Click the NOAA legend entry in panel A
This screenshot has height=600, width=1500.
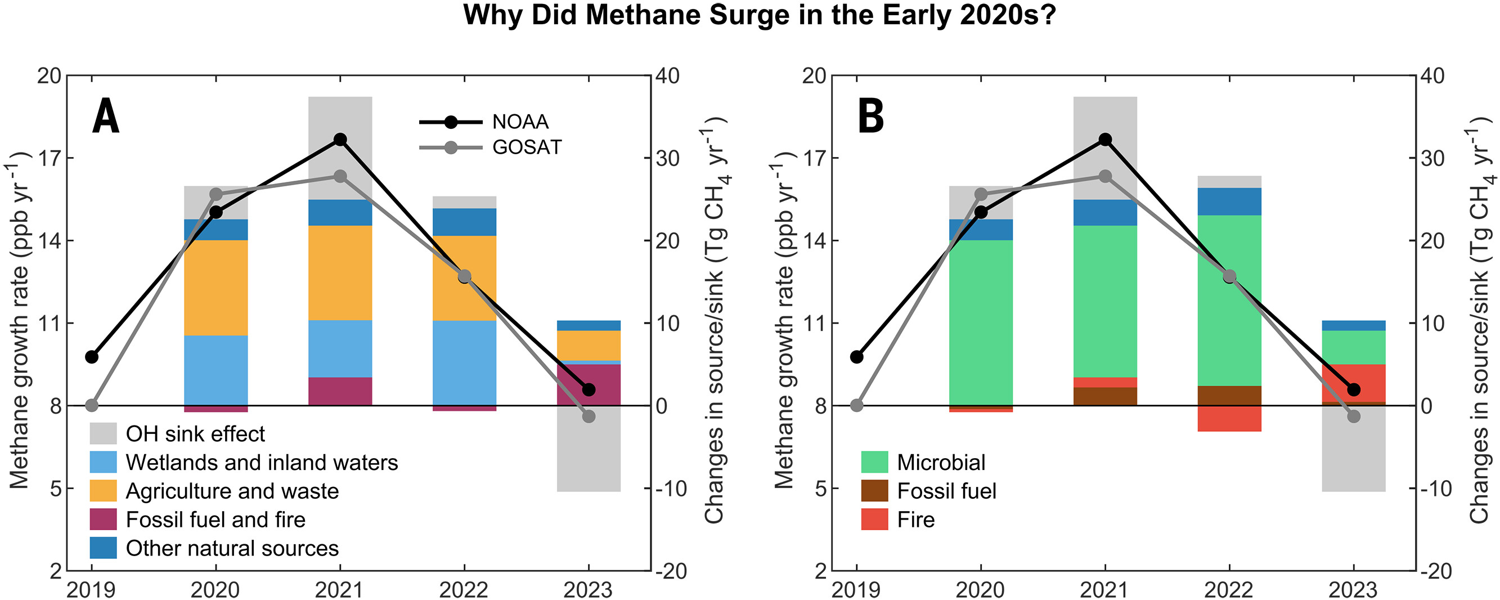pos(520,122)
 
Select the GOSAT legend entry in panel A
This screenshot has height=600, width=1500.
pos(527,147)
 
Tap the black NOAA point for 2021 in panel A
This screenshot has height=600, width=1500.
pos(340,140)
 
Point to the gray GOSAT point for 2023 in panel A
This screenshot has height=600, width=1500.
pos(589,417)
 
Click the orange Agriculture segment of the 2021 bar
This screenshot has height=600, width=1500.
pos(340,272)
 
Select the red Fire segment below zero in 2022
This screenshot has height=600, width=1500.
pos(1229,419)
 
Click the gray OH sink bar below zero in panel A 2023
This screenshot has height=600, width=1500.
pos(589,454)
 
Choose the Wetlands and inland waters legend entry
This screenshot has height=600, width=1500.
pos(262,463)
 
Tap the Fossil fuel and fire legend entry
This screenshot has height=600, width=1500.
pos(215,520)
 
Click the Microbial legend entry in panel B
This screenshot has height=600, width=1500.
pos(941,463)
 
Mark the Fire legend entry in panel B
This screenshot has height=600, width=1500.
pos(916,520)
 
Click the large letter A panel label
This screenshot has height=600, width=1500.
pos(106,117)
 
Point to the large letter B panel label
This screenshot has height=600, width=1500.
pos(871,117)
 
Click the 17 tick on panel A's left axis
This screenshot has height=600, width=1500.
pos(49,159)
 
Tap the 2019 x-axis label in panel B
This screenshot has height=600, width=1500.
pos(856,589)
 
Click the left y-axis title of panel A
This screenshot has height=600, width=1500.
pos(20,320)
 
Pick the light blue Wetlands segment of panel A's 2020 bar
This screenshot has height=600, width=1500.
pos(216,370)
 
